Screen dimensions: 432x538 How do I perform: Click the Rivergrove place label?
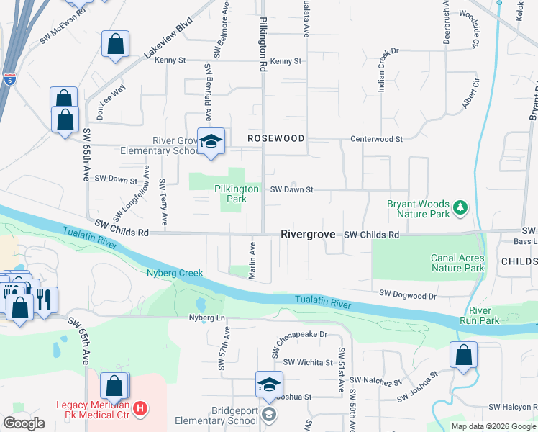pos(309,234)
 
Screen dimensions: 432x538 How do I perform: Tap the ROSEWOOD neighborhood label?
pos(276,138)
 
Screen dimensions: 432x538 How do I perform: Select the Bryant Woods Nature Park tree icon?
pos(460,209)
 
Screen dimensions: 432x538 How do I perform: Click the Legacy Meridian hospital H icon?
pos(141,409)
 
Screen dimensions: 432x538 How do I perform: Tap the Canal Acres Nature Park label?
pos(457,263)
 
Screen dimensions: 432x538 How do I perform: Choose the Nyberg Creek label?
pos(175,273)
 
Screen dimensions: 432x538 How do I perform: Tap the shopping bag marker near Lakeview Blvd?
pos(115,45)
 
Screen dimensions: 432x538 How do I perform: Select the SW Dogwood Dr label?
pos(408,295)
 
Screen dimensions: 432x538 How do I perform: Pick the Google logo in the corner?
pos(24,423)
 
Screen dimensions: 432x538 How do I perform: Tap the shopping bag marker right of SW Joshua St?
pos(464,355)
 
